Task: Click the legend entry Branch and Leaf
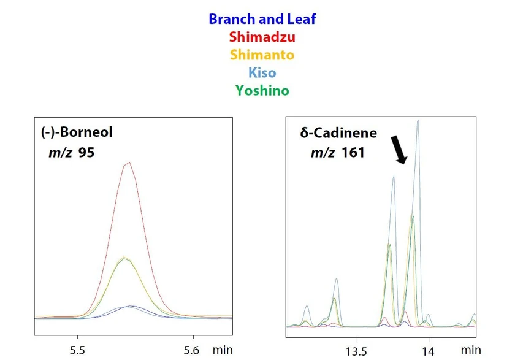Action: (262, 19)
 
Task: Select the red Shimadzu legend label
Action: (262, 37)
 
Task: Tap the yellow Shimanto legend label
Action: (262, 55)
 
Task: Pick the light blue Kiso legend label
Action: (262, 72)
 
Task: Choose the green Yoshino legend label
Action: (262, 91)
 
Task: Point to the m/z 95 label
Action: (72, 151)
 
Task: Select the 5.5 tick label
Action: (77, 351)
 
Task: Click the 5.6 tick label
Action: (193, 351)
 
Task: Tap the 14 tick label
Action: (428, 351)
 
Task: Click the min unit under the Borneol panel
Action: (223, 350)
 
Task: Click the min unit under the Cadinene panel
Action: (471, 350)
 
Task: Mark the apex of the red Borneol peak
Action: (128, 163)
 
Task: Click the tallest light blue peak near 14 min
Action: (418, 121)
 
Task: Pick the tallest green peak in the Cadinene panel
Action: (413, 215)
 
